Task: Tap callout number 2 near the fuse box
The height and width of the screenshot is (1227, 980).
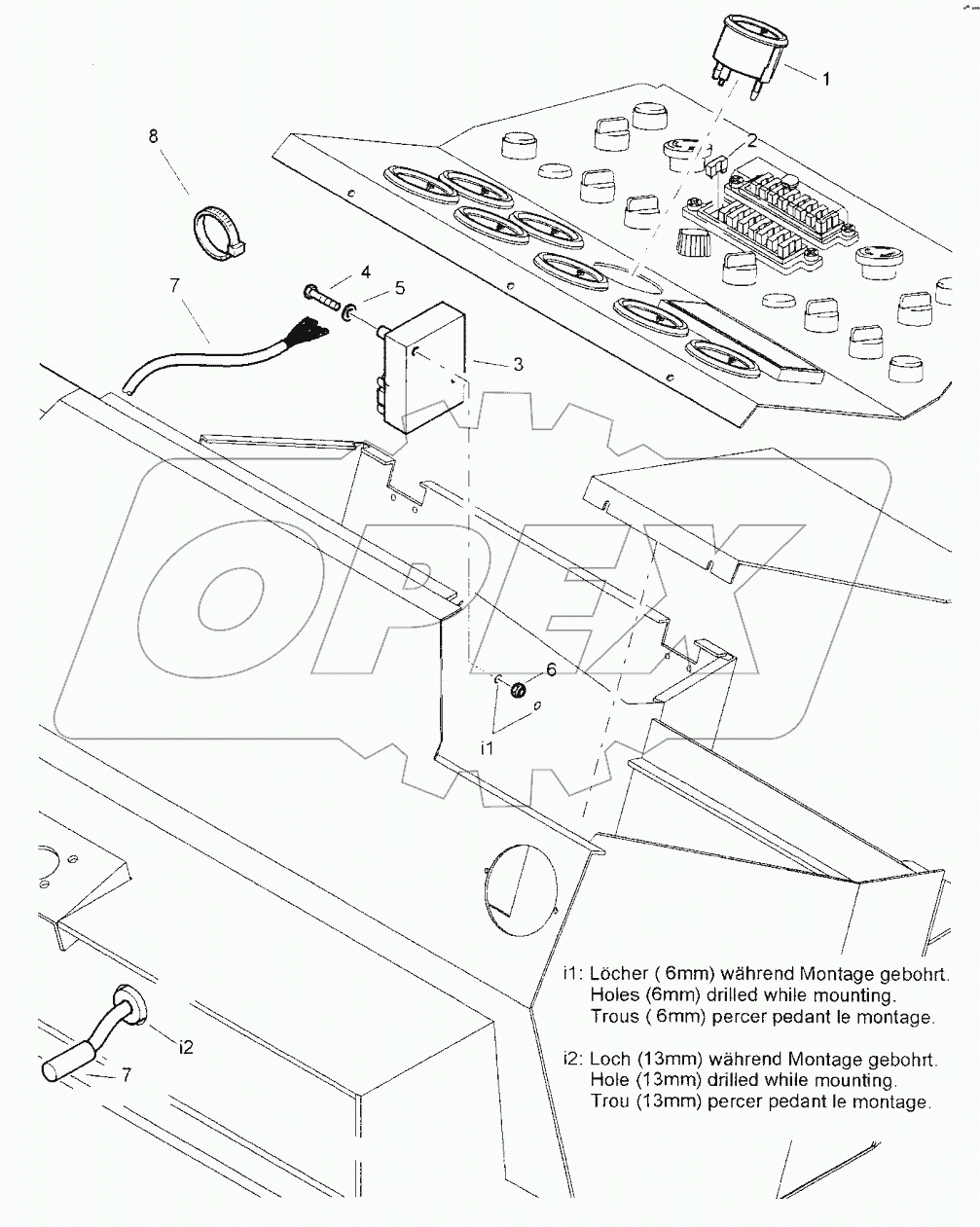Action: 751,139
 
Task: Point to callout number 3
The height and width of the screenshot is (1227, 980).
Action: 518,364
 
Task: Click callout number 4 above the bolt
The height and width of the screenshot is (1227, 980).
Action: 339,271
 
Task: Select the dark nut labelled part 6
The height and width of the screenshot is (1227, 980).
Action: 520,689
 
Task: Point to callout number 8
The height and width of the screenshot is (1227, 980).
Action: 153,135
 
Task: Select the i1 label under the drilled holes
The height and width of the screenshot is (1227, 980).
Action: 489,748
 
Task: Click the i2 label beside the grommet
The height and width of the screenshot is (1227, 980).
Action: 186,1046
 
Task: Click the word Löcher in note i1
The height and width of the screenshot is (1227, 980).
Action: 625,973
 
